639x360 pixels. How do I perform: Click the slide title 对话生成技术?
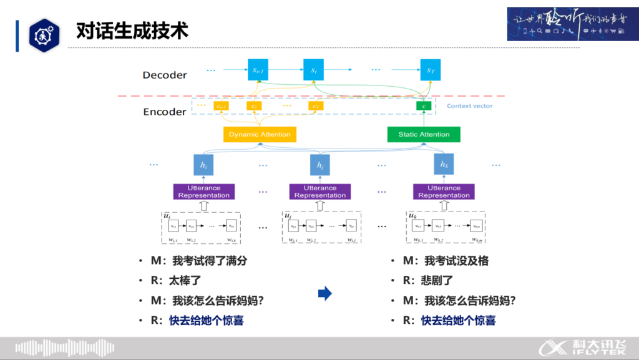pos(132,30)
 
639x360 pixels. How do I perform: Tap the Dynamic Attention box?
pos(260,134)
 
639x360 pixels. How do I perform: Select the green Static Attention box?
pos(424,134)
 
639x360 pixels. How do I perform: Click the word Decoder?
pos(165,75)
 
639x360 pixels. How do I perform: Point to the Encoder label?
pos(165,112)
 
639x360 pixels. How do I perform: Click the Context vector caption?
pos(469,106)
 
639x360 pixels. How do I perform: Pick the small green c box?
pos(424,106)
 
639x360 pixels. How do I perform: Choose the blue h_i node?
pos(203,165)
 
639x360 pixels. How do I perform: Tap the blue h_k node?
pos(444,165)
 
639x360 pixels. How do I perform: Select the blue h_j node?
pos(320,165)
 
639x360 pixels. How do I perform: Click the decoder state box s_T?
pos(430,70)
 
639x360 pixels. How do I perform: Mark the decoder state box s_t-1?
pos(256,70)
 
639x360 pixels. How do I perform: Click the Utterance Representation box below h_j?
pos(320,192)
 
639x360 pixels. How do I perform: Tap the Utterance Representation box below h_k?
pos(444,192)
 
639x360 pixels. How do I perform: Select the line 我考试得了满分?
pos(205,261)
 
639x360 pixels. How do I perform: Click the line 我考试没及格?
pos(456,261)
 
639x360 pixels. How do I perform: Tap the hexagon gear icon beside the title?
pos(44,35)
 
